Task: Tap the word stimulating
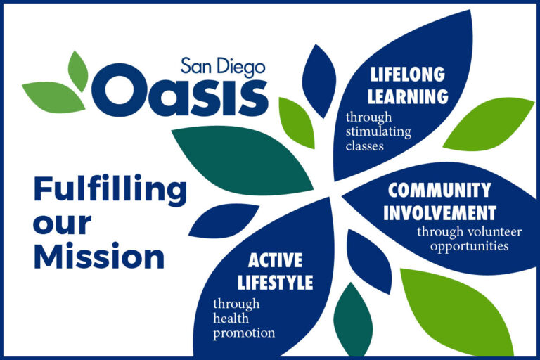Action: [x=378, y=131]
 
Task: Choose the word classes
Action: [x=365, y=146]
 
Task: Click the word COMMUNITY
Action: [x=439, y=190]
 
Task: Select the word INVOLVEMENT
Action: [x=439, y=212]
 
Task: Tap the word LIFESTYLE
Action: [x=275, y=283]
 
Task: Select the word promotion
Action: [x=244, y=333]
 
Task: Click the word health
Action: [x=231, y=319]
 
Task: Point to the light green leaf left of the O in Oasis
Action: [x=55, y=97]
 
